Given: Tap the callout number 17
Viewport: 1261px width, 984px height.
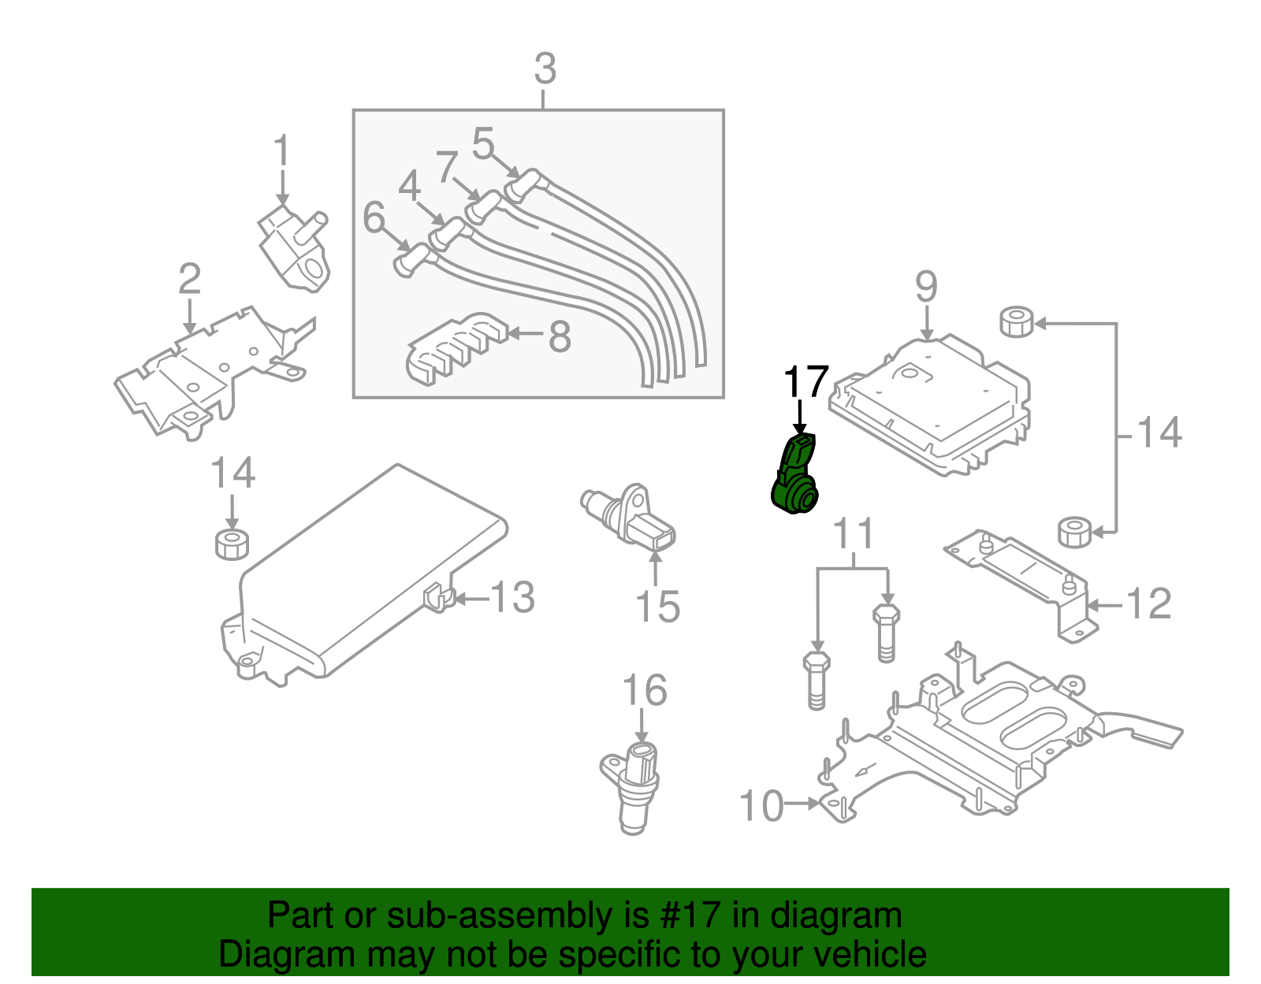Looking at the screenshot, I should (805, 382).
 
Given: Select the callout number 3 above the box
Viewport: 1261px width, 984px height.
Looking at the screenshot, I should (545, 69).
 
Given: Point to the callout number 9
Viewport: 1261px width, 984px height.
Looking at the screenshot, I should (926, 286).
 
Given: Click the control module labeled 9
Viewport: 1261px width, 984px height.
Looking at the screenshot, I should (930, 406).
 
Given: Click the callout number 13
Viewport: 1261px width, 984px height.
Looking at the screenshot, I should (513, 597).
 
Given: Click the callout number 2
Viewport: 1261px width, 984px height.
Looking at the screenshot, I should (189, 279).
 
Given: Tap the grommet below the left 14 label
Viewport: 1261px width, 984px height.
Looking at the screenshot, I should (232, 544).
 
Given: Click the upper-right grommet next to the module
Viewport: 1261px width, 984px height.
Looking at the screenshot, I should (1017, 321).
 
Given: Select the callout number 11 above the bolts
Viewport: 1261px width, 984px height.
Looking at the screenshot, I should (854, 534).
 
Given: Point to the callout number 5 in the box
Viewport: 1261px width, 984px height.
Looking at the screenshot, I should (482, 144).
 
